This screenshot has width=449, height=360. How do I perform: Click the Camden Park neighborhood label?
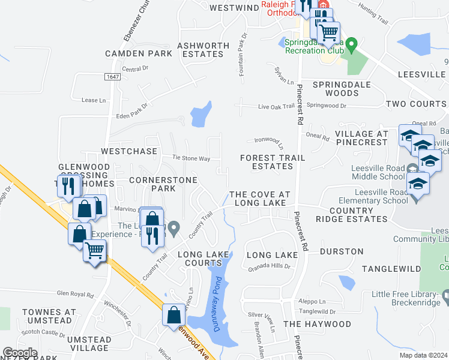pos(139,53)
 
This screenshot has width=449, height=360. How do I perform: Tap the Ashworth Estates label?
pos(203,50)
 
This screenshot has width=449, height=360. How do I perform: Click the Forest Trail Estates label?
pos(273,162)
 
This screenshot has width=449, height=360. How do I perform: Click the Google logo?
pos(20,353)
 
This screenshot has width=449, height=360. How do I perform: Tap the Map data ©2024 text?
pos(423,355)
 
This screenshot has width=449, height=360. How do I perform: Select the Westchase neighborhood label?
pos(129,151)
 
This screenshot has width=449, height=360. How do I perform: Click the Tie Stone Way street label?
pos(191,158)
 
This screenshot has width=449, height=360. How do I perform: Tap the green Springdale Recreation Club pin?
pos(353,44)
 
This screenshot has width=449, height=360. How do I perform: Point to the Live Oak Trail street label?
pos(277,106)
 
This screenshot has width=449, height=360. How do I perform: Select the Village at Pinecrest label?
pos(361,138)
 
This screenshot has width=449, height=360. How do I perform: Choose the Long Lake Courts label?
pos(203,259)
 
